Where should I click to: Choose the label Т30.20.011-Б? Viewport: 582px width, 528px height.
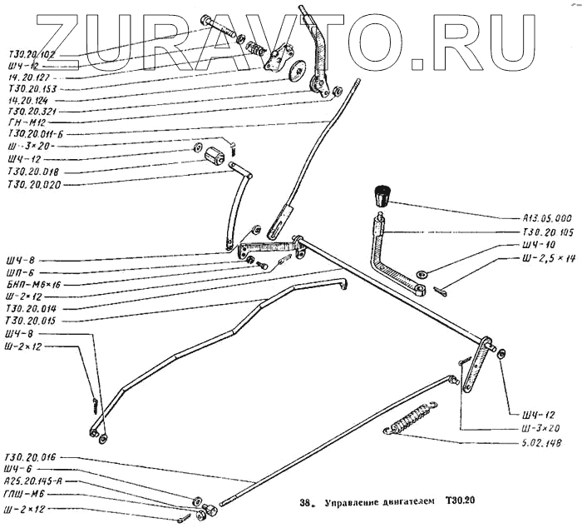pyautogui.click(x=35, y=132)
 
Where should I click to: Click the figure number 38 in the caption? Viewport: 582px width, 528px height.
pyautogui.click(x=304, y=503)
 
